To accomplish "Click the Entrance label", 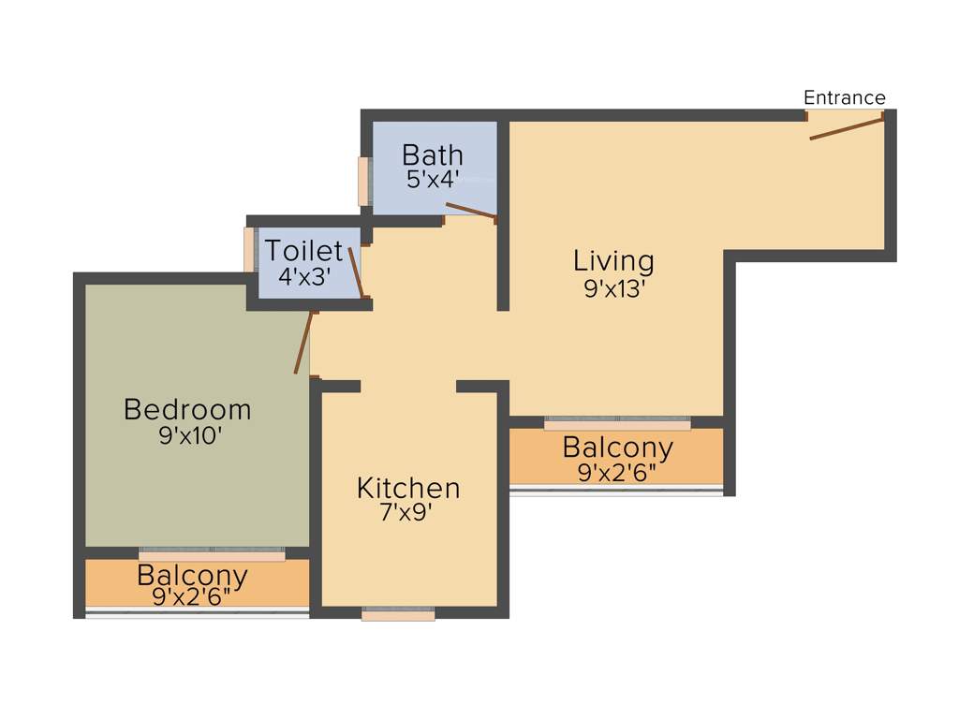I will (x=844, y=97).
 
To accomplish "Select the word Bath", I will (x=432, y=154).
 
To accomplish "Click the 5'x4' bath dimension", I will (x=432, y=179).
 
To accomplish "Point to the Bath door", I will (x=470, y=211).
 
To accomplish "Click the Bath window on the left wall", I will (x=363, y=181).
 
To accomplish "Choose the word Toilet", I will (x=303, y=251).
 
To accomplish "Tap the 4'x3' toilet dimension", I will (x=304, y=276).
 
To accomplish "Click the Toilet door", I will (x=356, y=272).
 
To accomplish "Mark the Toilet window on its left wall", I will (x=249, y=250).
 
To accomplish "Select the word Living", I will (x=613, y=260).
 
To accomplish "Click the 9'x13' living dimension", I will (x=614, y=288).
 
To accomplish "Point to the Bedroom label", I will (x=187, y=410).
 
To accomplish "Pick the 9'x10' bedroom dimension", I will (x=189, y=436).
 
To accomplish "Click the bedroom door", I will (x=302, y=343).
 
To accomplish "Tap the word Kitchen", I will (x=408, y=488).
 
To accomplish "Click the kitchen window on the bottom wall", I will (x=398, y=614).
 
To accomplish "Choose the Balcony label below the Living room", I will (x=617, y=448).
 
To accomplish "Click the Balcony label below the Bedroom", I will (x=192, y=575).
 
